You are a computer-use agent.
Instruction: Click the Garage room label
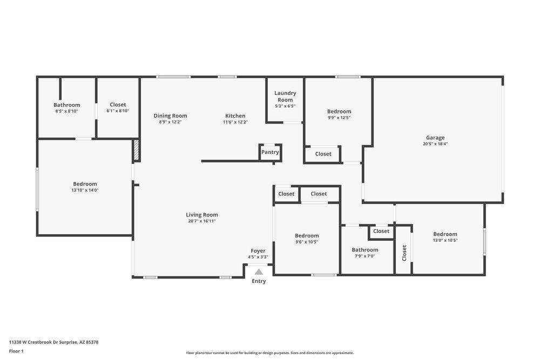click(435, 138)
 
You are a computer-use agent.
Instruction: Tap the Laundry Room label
click(285, 96)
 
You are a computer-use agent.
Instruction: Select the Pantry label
click(270, 152)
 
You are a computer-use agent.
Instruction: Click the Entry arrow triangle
click(259, 272)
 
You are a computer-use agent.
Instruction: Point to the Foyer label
click(258, 250)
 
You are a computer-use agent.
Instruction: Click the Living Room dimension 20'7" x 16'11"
click(202, 221)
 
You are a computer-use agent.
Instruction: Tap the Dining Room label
click(170, 116)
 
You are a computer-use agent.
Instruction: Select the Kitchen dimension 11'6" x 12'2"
click(235, 122)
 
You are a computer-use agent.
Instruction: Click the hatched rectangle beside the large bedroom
click(137, 151)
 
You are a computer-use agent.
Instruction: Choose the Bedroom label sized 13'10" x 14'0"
click(85, 184)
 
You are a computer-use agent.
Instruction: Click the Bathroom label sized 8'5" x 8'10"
click(66, 105)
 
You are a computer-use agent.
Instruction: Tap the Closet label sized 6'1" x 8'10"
click(118, 105)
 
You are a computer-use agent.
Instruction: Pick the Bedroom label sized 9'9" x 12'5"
click(339, 111)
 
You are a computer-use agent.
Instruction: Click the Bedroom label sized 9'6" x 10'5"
click(307, 235)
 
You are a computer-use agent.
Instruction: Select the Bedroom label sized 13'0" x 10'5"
click(445, 234)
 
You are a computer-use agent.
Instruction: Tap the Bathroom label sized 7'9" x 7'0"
click(364, 250)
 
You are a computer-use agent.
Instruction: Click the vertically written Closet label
click(404, 253)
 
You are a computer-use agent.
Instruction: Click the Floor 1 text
click(16, 351)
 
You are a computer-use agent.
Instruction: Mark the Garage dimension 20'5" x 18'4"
click(435, 144)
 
